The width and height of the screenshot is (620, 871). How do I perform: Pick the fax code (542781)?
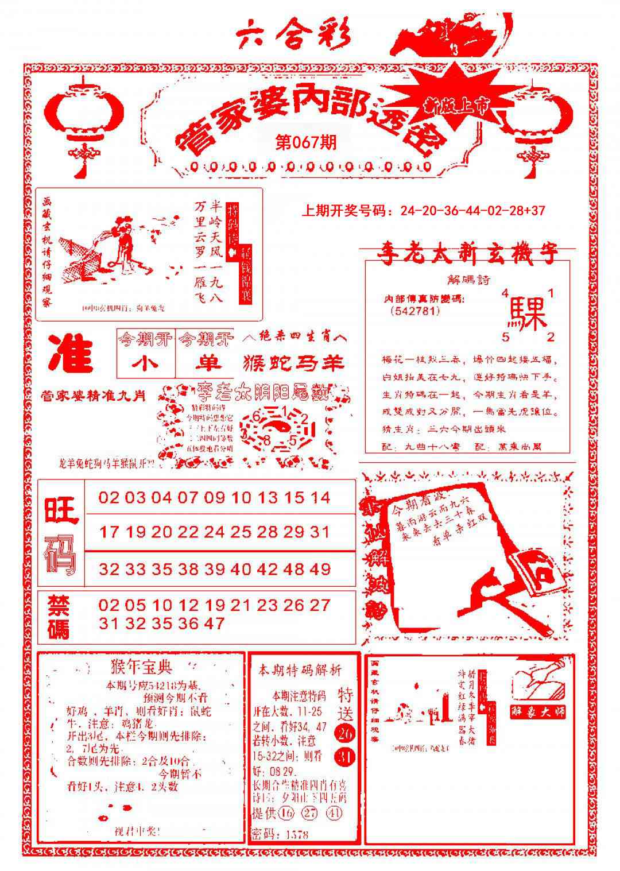pyautogui.click(x=414, y=311)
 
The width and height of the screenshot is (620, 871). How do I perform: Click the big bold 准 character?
pyautogui.click(x=72, y=353)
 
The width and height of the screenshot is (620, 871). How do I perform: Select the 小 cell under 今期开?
pyautogui.click(x=146, y=363)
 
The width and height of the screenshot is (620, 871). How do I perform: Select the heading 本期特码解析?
pyautogui.click(x=300, y=670)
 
